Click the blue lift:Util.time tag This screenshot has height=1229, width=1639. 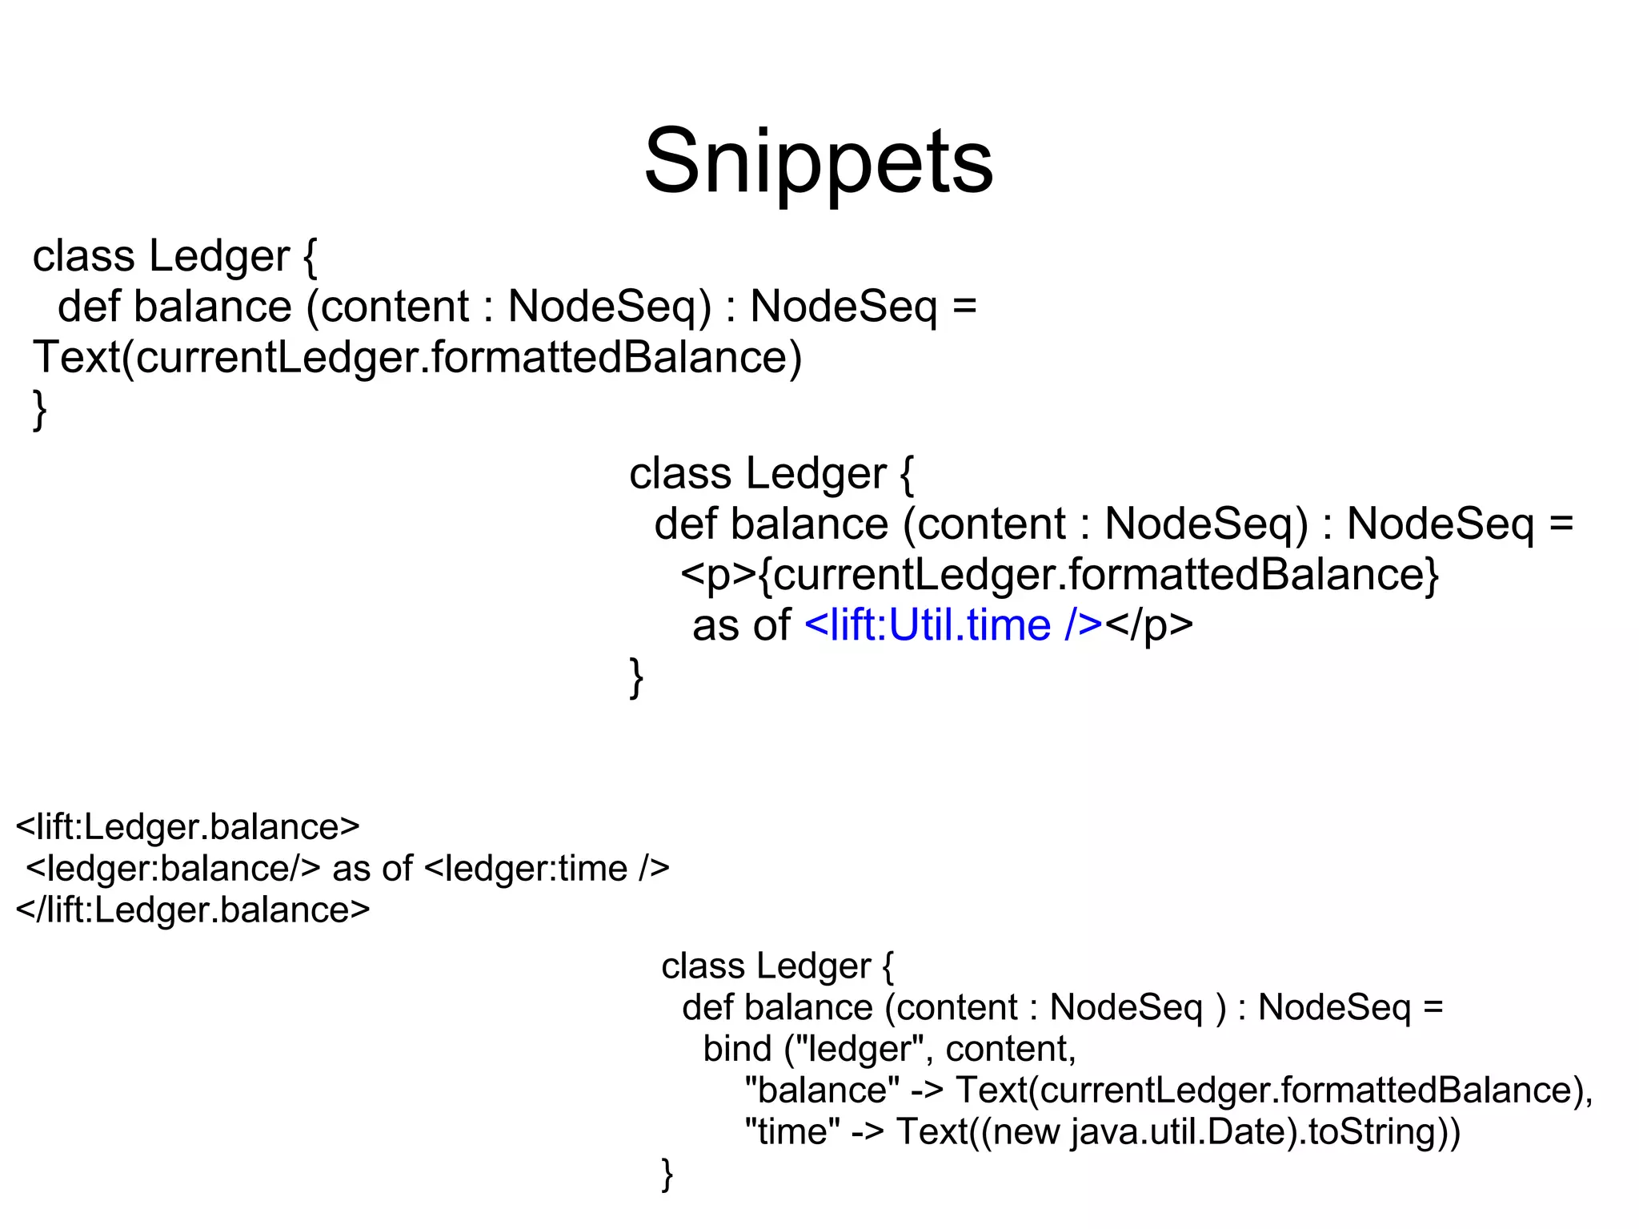point(953,625)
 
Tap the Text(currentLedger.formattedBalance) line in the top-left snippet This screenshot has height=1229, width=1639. point(417,357)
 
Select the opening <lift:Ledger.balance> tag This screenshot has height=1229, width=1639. point(188,827)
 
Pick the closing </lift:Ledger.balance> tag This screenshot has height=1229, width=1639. point(193,910)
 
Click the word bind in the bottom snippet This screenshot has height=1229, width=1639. point(737,1049)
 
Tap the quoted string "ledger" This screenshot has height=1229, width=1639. point(864,1049)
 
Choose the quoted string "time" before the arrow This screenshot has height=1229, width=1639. point(792,1132)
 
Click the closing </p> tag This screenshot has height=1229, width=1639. point(1149,625)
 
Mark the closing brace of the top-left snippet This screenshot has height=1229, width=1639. point(39,409)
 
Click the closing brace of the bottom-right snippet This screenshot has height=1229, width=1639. point(667,1174)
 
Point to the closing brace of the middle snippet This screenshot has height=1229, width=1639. point(636,677)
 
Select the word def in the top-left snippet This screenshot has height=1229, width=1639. point(88,307)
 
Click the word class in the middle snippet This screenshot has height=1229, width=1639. point(680,474)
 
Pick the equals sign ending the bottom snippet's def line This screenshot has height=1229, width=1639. point(1433,1007)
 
